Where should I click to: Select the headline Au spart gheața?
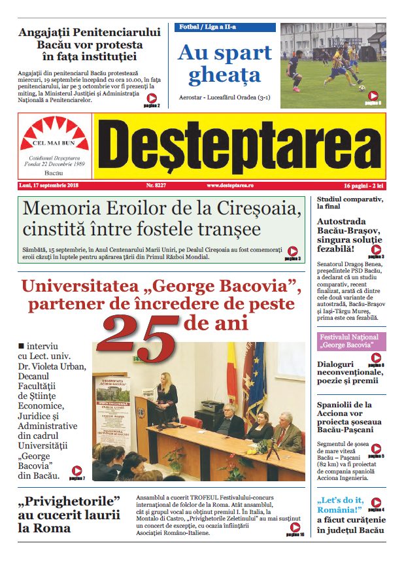coord(224,63)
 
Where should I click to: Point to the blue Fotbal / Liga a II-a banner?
coord(224,27)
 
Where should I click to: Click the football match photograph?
coord(333,65)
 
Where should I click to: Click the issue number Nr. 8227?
coord(147,186)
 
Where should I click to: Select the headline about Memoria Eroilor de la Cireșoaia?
coord(161,220)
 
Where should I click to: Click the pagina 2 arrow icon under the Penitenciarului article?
coord(151,99)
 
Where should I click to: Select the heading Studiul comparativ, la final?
coord(349,202)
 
